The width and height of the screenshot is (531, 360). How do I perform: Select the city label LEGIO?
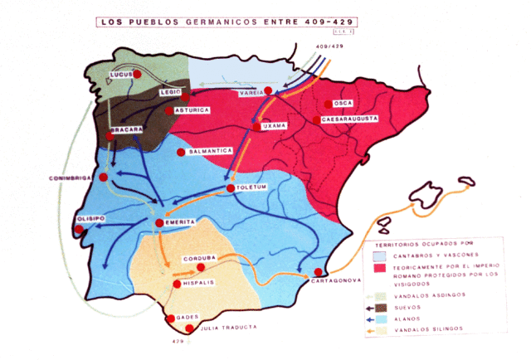click(x=169, y=93)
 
